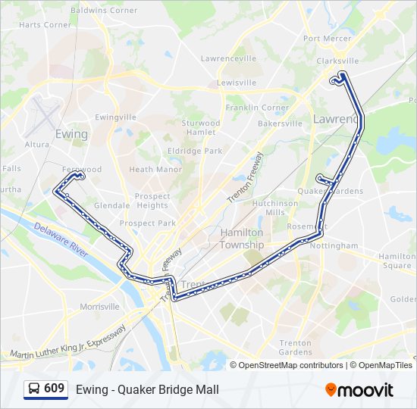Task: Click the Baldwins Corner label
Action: [104, 11]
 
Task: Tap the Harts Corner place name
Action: [45, 24]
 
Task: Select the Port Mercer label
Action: [328, 39]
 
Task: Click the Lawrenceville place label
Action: [229, 58]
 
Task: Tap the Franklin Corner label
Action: [257, 108]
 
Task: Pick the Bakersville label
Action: [281, 123]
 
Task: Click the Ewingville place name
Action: [115, 117]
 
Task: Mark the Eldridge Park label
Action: [196, 151]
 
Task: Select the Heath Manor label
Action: [155, 170]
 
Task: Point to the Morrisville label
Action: [100, 307]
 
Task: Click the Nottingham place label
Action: [334, 246]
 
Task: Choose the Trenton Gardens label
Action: [295, 348]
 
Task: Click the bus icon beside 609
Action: [33, 389]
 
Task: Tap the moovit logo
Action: [359, 390]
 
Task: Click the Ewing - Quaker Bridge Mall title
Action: [147, 390]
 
